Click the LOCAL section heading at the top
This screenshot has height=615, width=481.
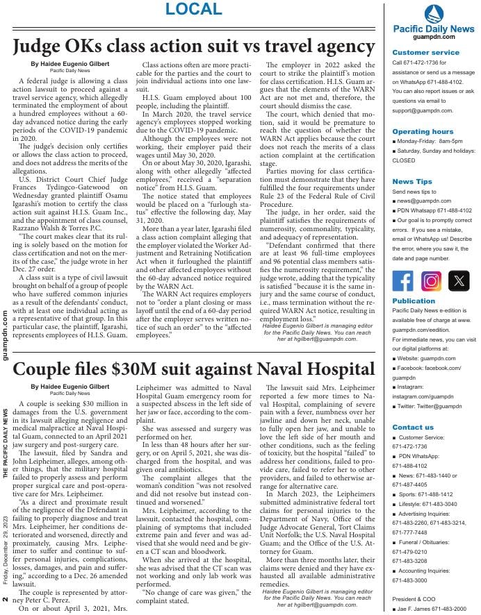(194, 9)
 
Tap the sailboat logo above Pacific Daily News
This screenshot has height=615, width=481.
(432, 13)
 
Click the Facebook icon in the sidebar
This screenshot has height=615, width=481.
(403, 280)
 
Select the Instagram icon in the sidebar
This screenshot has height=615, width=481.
(431, 280)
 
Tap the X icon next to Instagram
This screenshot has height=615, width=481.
(459, 280)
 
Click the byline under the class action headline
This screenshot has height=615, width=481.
(70, 64)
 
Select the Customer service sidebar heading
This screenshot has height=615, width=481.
(425, 52)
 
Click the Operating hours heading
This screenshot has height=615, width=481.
(423, 131)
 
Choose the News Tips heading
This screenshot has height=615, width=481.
(411, 181)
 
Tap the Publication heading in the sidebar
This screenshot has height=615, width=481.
(414, 301)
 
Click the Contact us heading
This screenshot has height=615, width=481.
(412, 427)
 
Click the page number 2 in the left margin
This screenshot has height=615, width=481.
(6, 600)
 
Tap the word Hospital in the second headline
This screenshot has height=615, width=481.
(335, 369)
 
